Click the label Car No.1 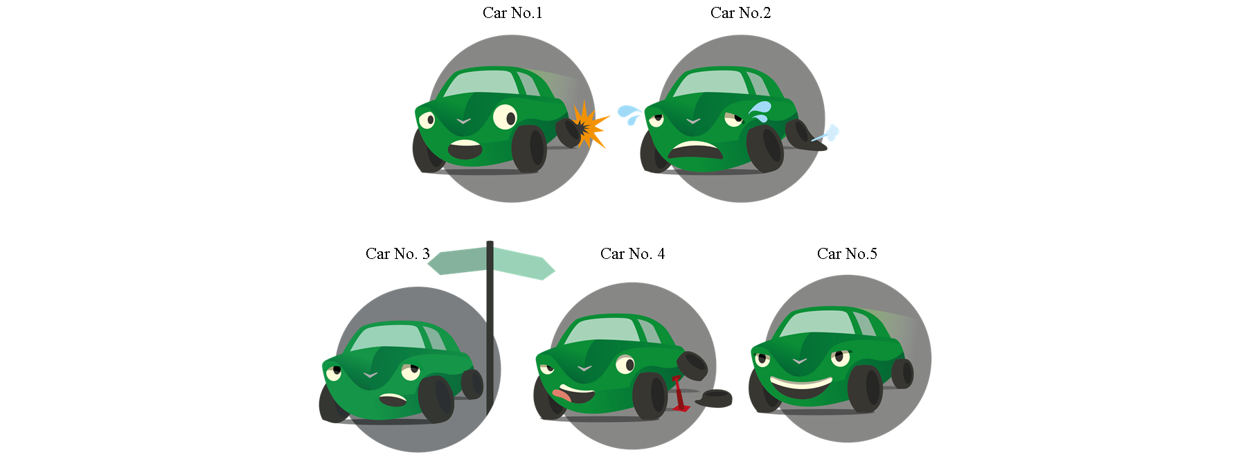tap(512, 13)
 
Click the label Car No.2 tap(740, 13)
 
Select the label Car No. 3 tap(397, 254)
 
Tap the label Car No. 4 tap(632, 254)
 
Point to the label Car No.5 tap(847, 254)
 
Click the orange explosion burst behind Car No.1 tap(589, 125)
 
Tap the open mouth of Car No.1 tap(465, 149)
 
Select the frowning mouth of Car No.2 tap(695, 150)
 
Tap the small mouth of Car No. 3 tap(393, 400)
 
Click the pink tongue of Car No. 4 tap(562, 396)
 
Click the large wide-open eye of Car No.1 tap(505, 117)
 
